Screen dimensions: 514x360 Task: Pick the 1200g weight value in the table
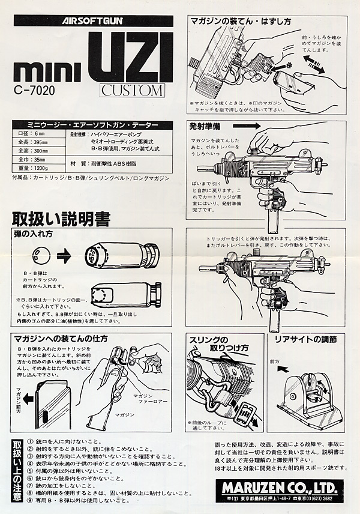(43, 169)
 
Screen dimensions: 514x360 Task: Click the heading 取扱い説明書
(61, 219)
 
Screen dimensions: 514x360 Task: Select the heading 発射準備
(206, 128)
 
